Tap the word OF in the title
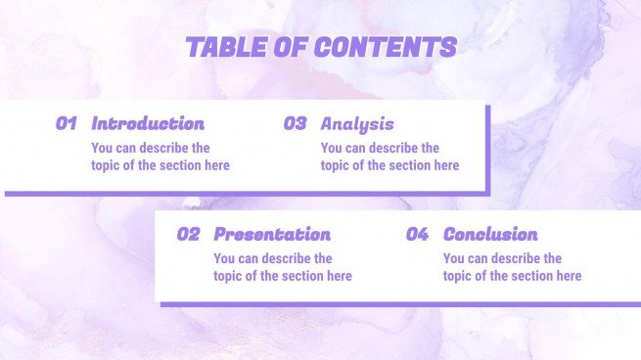291,47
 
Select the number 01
67,123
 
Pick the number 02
188,234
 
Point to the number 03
295,123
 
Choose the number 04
417,234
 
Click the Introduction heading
148,123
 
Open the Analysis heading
357,123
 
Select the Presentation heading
272,234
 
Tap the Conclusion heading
490,234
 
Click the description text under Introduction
160,157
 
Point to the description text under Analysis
389,157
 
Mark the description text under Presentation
282,267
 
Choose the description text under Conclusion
511,267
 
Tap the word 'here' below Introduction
215,165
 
